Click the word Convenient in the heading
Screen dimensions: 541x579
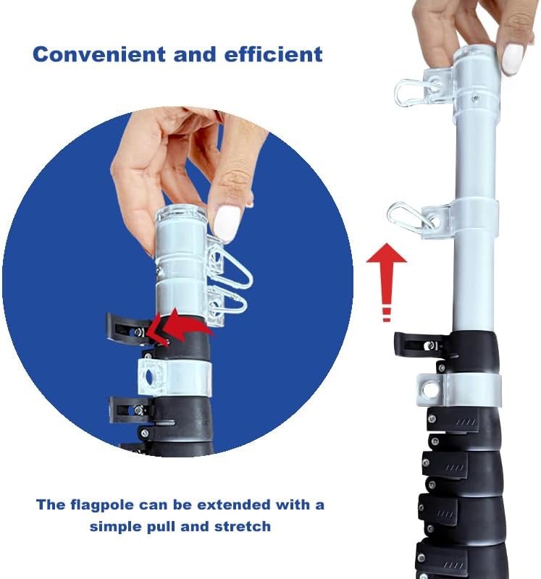click(99, 54)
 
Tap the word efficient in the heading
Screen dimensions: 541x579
click(274, 54)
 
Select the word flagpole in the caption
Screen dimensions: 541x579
click(102, 505)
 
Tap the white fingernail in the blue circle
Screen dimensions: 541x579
click(226, 223)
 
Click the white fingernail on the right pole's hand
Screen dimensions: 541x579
click(513, 59)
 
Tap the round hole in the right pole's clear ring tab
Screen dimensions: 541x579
click(429, 390)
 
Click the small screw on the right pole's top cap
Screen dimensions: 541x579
click(475, 98)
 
